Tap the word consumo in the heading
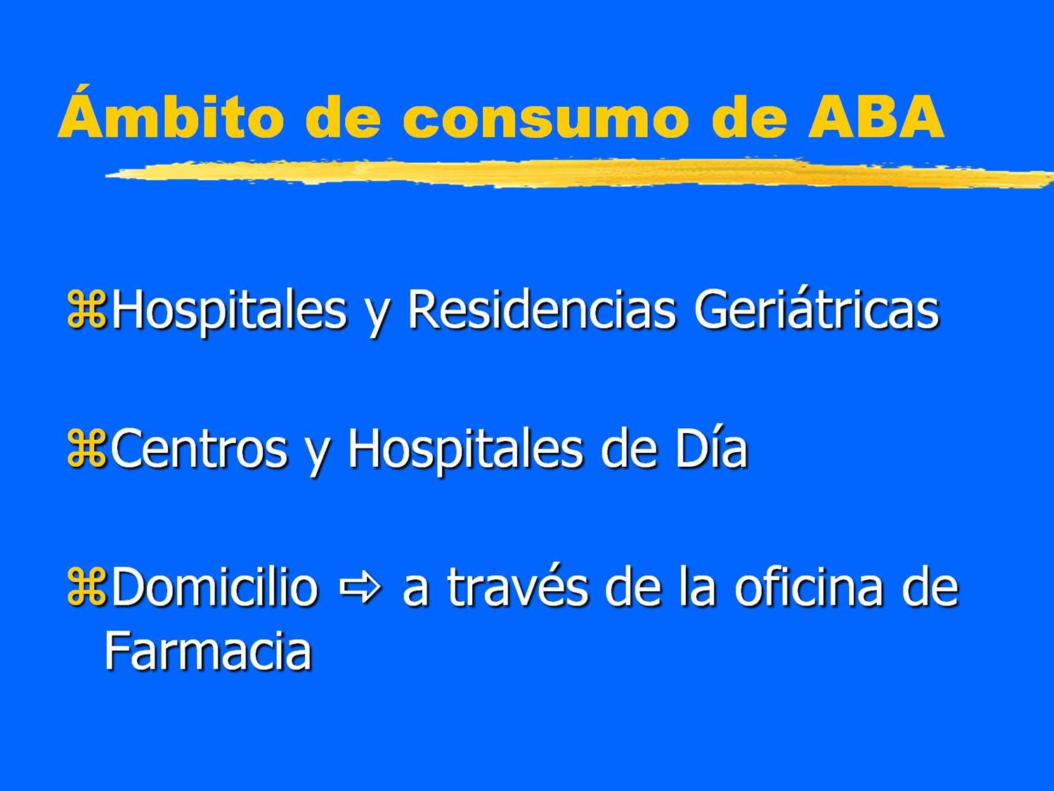pos(545,118)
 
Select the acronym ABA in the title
pos(876,115)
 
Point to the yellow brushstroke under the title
pos(562,173)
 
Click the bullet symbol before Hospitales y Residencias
pos(86,310)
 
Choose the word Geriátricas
pos(816,310)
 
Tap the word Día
pos(711,447)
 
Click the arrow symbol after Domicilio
pos(360,586)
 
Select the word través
pos(517,586)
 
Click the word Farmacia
pos(208,650)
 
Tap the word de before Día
pos(630,449)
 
